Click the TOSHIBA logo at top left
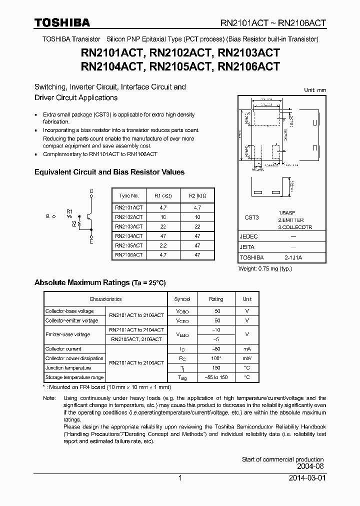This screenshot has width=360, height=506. tap(62, 23)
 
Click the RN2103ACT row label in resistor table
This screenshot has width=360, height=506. tap(128, 226)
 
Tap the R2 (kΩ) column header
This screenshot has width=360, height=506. tap(197, 196)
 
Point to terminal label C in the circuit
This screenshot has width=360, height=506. tap(91, 191)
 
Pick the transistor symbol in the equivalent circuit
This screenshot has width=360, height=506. tap(89, 216)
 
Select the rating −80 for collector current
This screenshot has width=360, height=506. tap(216, 349)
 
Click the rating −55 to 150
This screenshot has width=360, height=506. tap(216, 377)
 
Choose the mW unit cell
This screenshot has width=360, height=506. tap(247, 358)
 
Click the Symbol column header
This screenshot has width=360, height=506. tap(182, 299)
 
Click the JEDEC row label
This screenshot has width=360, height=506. tap(249, 236)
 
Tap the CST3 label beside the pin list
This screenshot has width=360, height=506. tap(251, 217)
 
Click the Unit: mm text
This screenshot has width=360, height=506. tap(314, 90)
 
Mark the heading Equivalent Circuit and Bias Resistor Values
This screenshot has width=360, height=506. tap(109, 172)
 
